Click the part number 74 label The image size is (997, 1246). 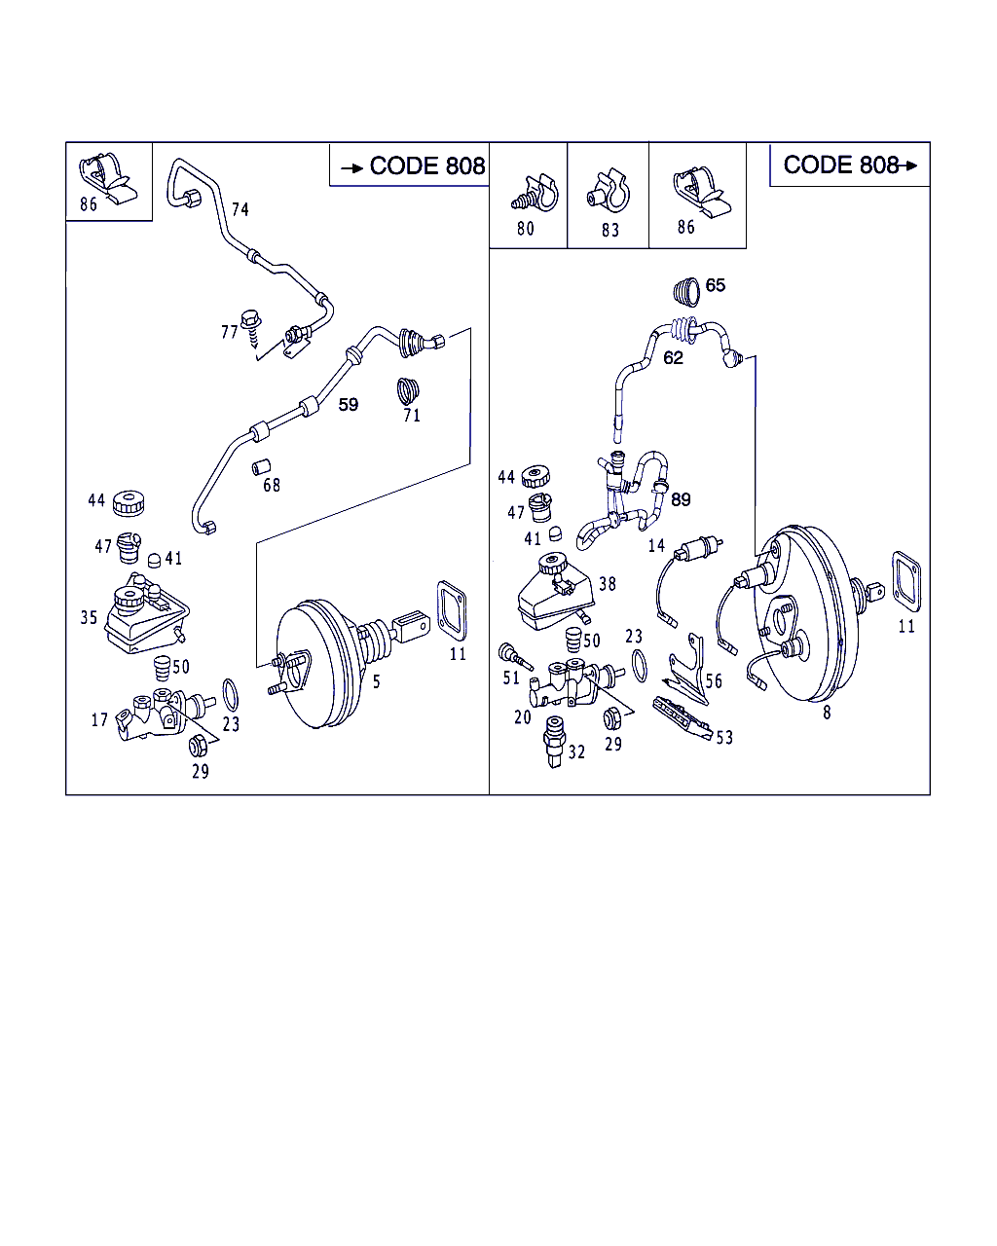pyautogui.click(x=240, y=208)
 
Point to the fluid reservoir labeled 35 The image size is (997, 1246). pyautogui.click(x=141, y=618)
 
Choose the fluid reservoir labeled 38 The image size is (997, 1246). pyautogui.click(x=553, y=592)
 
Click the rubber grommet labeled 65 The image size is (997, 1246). pyautogui.click(x=687, y=289)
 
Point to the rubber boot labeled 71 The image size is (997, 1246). pyautogui.click(x=410, y=389)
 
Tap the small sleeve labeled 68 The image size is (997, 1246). pyautogui.click(x=261, y=466)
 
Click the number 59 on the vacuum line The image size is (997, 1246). pyautogui.click(x=349, y=404)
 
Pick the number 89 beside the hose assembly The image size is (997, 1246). pyautogui.click(x=681, y=499)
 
